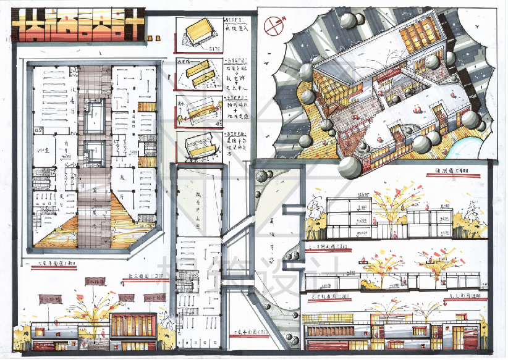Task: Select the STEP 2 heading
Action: [234, 61]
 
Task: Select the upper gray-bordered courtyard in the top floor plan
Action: [96, 115]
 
